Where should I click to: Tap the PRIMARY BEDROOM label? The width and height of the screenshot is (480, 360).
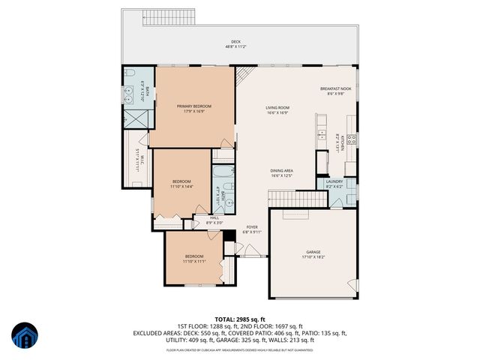[194, 106]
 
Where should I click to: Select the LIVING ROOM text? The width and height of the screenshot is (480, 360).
[277, 107]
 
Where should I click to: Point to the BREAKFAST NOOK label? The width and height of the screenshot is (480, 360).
[335, 88]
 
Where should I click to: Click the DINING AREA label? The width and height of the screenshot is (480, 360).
[282, 171]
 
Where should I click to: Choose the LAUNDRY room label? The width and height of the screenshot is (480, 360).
[334, 181]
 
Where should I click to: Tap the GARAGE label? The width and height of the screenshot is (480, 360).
[313, 251]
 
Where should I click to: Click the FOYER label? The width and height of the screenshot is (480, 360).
[252, 226]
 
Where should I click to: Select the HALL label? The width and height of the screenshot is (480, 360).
[215, 217]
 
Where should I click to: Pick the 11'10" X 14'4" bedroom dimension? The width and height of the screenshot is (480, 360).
[182, 186]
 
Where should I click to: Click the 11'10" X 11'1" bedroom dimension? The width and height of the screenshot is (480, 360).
[193, 262]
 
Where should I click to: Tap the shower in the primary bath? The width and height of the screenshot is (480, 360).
[136, 118]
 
